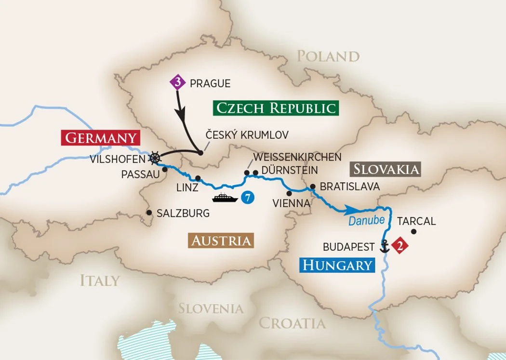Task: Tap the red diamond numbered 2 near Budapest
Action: pyautogui.click(x=399, y=246)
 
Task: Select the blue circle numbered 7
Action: pyautogui.click(x=247, y=198)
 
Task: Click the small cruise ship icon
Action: pyautogui.click(x=225, y=198)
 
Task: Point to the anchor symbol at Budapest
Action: pyautogui.click(x=385, y=245)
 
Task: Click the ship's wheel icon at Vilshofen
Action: pyautogui.click(x=155, y=157)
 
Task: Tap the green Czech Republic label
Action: pyautogui.click(x=276, y=107)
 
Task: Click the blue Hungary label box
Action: pyautogui.click(x=337, y=265)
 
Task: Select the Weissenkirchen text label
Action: pyautogui.click(x=297, y=157)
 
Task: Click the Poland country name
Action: pyautogui.click(x=328, y=56)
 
